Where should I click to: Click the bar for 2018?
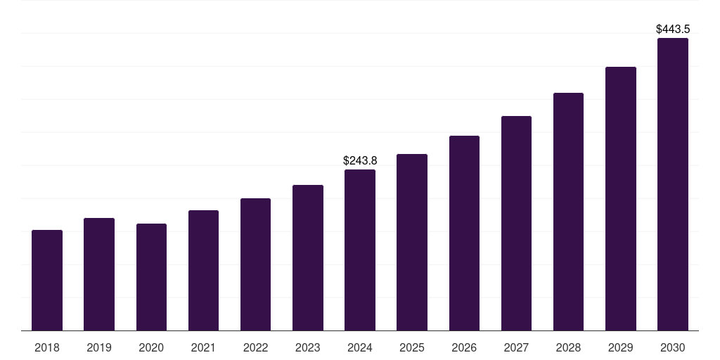pos(47,281)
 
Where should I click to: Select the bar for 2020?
pos(151,277)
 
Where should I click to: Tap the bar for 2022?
pos(255,264)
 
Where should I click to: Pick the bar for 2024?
pos(360,250)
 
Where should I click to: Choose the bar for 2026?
pos(464,233)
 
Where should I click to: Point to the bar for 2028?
pos(568,212)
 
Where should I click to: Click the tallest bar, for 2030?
pos(673,184)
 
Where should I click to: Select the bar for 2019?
pos(99,274)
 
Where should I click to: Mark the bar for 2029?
pos(621,199)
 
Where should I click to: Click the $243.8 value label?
pos(360,160)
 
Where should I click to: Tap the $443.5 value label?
pos(673,29)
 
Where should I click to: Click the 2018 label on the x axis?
pos(47,347)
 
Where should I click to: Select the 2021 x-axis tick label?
pos(203,347)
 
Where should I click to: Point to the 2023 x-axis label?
pos(308,347)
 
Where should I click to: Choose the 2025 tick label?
pos(412,347)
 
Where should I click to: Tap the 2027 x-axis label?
pos(516,347)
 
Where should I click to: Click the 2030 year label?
pos(673,347)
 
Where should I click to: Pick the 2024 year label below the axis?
pos(360,347)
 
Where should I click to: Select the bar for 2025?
pos(412,243)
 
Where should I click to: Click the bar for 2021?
pos(203,271)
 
